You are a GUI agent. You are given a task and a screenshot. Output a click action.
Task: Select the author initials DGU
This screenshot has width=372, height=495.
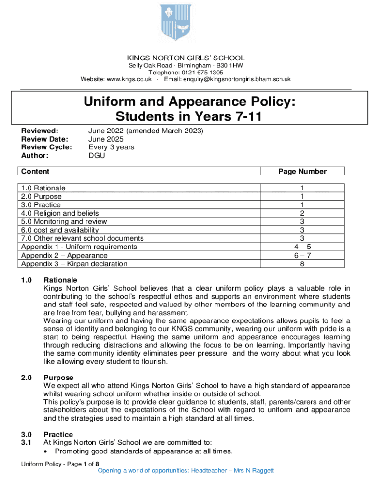tap(97, 155)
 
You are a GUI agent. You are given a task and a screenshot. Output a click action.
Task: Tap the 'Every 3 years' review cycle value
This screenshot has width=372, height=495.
tap(111, 147)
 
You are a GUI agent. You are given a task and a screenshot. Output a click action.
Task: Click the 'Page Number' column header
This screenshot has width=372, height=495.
tap(302, 171)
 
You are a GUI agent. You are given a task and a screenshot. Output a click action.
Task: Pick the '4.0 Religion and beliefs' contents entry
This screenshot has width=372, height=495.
tap(60, 213)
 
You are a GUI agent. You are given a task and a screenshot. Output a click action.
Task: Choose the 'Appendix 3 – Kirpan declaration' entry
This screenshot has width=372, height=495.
tap(74, 264)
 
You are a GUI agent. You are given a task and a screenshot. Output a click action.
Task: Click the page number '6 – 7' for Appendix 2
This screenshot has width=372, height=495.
tap(302, 255)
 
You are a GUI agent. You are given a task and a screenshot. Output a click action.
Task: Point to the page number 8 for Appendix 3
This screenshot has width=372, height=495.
tap(302, 264)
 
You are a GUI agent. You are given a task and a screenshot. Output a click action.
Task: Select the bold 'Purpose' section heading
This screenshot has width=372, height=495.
tap(58, 377)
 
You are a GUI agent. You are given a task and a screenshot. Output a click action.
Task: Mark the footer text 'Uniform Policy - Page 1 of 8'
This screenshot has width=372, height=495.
tap(60, 464)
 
